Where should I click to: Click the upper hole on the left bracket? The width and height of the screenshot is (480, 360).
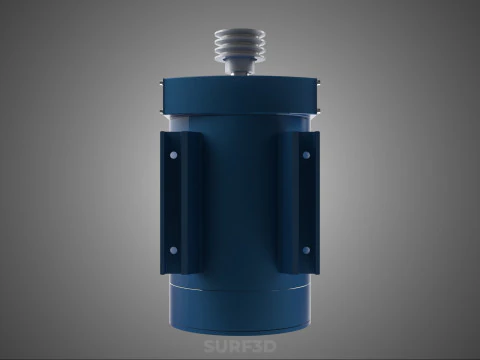coord(173,155)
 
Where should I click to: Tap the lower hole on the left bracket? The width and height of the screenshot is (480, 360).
coord(173,250)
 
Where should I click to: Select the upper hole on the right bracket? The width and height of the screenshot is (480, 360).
coord(306,155)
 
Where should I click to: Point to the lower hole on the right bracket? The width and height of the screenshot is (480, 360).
coord(306,250)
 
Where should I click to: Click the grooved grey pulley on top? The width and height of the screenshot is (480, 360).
coord(240,43)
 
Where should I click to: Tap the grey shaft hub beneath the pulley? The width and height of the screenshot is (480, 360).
coord(240,68)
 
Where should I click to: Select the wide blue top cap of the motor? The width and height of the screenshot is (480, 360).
coord(240,96)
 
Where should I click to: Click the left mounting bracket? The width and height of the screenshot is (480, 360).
coord(182,203)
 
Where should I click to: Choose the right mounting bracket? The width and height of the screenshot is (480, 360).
coord(298,203)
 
